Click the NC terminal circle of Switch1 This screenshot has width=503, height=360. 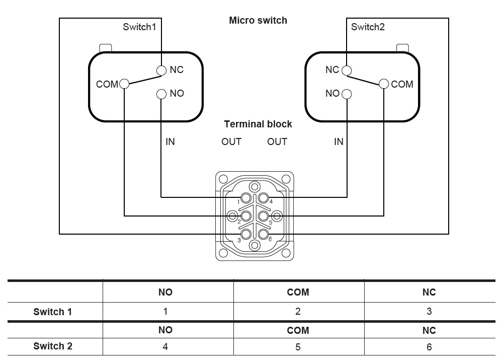161,70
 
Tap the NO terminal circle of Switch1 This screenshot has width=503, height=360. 161,94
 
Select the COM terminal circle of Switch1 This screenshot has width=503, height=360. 124,84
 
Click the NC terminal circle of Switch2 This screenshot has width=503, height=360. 346,70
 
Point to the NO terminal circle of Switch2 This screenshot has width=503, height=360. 346,94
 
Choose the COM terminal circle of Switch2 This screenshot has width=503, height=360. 384,84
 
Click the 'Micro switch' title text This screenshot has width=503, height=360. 258,21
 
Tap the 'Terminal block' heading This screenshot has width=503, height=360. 258,124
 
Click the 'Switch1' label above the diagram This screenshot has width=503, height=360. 140,27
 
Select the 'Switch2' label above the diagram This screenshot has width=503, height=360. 368,27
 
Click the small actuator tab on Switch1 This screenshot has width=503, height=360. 106,48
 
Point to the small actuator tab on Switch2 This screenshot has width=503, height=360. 402,48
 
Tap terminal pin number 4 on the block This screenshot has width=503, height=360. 263,198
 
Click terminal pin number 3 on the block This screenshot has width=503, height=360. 246,234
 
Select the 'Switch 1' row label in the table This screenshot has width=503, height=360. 53,312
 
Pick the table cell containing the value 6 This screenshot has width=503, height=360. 429,346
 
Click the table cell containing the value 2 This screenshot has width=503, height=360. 298,312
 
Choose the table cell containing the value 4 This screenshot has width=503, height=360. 165,346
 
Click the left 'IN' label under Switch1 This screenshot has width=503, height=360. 170,142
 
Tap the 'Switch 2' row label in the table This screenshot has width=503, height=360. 53,346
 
